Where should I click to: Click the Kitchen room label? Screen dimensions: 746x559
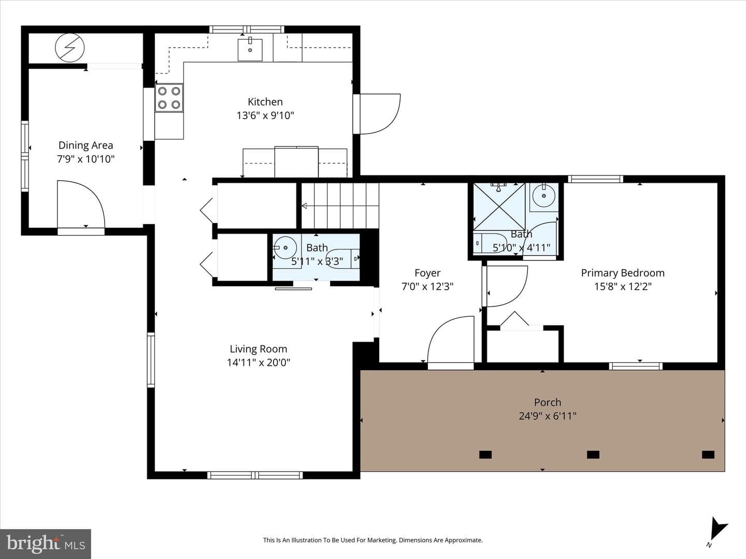click(265, 102)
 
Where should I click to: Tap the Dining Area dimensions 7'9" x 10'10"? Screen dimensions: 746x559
click(85, 159)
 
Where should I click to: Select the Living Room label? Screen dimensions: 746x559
click(259, 349)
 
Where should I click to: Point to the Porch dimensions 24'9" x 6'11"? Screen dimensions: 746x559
click(548, 416)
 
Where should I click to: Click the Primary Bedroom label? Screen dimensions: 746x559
click(623, 273)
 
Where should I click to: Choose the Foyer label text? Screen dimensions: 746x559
click(427, 273)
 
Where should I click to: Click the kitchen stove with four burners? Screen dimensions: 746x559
click(169, 98)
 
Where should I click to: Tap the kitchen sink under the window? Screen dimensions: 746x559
click(250, 50)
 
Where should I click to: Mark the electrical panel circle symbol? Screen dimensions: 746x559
click(69, 48)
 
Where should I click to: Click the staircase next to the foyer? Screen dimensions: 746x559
click(340, 205)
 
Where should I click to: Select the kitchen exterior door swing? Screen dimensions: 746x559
click(377, 114)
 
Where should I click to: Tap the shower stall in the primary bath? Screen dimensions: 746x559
click(499, 207)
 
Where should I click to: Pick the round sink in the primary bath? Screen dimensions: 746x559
click(544, 196)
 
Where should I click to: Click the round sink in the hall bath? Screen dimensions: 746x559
click(285, 247)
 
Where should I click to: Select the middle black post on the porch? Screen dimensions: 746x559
click(593, 454)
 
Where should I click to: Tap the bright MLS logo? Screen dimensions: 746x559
click(46, 543)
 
